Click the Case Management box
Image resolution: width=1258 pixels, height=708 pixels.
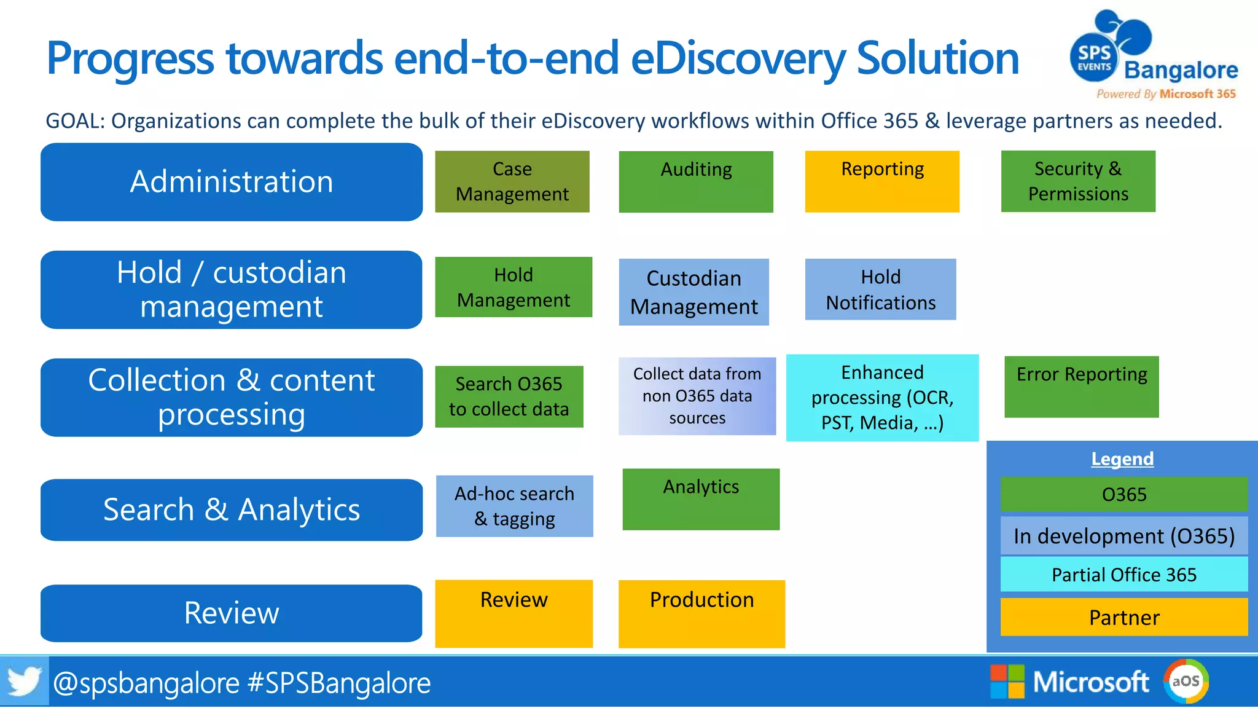512,181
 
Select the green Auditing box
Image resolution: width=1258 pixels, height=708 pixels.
695,181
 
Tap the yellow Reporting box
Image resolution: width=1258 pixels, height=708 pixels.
881,181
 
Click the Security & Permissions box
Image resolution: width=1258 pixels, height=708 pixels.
1077,181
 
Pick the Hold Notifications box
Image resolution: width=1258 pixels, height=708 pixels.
880,289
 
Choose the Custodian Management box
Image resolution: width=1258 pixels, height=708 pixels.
693,291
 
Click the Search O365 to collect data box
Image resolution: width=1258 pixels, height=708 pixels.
509,396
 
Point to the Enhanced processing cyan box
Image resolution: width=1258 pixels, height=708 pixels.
881,397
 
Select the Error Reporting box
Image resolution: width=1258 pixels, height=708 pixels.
1081,387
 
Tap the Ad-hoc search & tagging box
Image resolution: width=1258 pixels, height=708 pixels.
514,506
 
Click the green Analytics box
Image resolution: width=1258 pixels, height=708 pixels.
700,499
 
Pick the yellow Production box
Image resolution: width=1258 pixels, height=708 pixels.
701,613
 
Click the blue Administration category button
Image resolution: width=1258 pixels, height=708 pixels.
231,182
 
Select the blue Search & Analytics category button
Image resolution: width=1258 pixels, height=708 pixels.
231,509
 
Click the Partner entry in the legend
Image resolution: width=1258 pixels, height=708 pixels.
1123,617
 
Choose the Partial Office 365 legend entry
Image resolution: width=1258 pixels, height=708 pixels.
1123,574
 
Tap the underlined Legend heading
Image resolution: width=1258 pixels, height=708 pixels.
1122,458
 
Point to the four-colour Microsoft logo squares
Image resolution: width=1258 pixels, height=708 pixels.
1007,681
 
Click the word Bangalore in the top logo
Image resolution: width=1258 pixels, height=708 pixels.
1180,70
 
